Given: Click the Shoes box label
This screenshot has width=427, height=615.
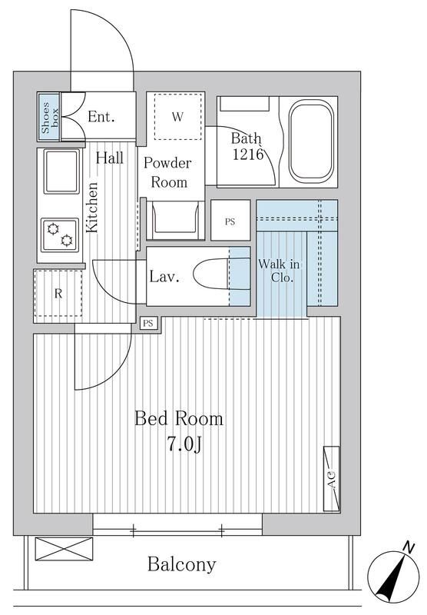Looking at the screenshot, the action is tap(50, 117).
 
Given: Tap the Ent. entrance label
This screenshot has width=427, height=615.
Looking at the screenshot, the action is tap(101, 117).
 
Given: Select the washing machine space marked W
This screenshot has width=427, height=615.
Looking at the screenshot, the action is tap(178, 116).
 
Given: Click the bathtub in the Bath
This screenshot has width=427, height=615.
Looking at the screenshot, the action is tap(311, 141).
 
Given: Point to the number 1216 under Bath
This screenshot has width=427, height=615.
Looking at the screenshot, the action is tap(248, 155).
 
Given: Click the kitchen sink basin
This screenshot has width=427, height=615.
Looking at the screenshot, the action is tap(61, 171).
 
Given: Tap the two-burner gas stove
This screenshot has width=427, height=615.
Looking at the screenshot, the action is tap(61, 235).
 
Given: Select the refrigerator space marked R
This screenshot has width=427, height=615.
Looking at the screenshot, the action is tap(58, 294).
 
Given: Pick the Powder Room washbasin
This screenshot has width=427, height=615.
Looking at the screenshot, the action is tap(175, 220).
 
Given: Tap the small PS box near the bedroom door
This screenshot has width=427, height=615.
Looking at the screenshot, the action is tap(148, 324).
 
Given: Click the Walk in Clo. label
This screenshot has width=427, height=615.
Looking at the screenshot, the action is tap(279, 271).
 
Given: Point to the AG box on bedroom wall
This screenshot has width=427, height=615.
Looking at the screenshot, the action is tap(332, 478).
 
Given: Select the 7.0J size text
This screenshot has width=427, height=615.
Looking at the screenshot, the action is tap(184, 444).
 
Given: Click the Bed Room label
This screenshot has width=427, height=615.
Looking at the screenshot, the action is tap(179, 418).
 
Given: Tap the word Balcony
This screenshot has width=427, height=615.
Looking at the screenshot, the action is tap(182, 564).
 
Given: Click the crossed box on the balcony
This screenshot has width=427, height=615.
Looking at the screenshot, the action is tap(64, 549).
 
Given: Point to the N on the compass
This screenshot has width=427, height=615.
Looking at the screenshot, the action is tap(409, 547).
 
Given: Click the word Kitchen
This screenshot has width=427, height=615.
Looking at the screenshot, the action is tap(91, 208).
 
